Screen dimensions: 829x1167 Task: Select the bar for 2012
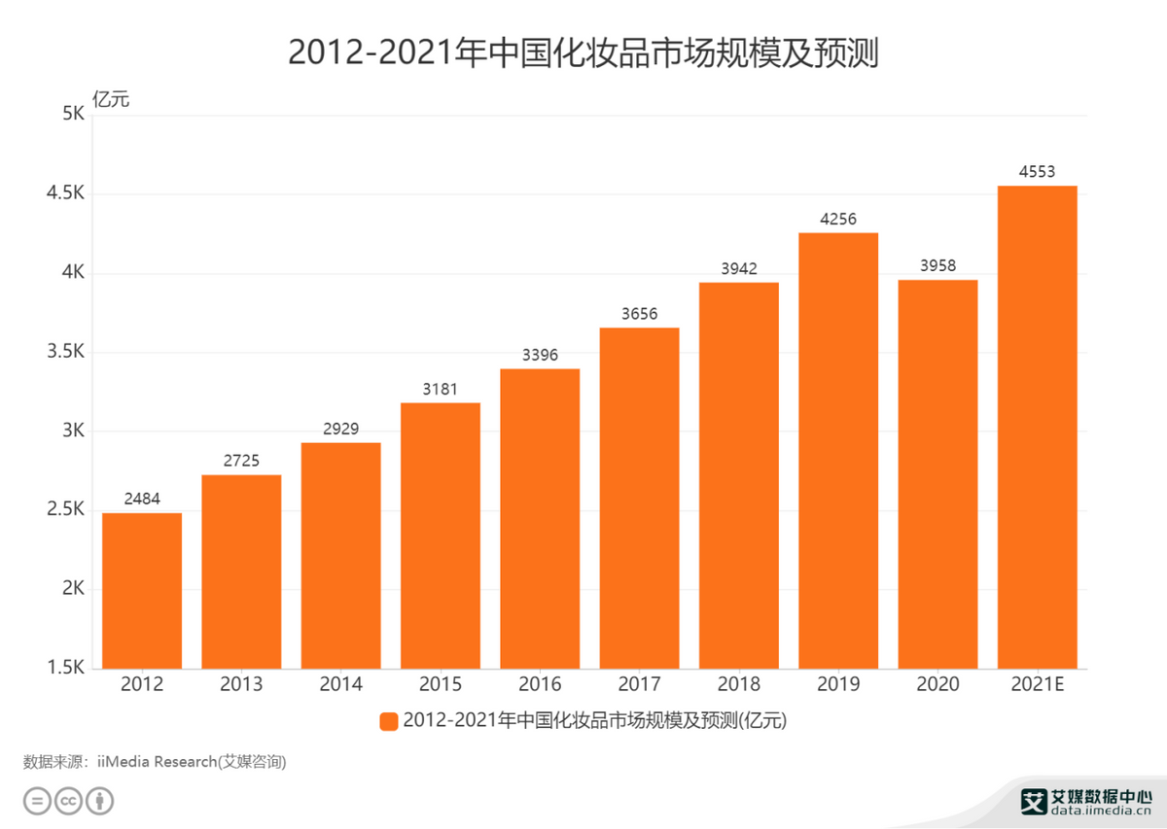tap(142, 590)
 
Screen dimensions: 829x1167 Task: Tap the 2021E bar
tap(1037, 427)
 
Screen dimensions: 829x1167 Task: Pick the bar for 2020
tap(937, 473)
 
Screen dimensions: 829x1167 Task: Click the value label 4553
tap(1037, 172)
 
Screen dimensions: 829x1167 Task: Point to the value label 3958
tap(937, 266)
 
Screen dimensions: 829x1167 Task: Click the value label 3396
tap(540, 356)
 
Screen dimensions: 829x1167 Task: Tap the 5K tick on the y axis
tap(74, 115)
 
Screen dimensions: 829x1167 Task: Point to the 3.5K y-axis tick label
tap(66, 353)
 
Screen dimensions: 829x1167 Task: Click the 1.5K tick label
tap(66, 669)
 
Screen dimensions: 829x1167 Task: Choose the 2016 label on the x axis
tap(540, 684)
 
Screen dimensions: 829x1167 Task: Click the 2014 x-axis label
tap(340, 684)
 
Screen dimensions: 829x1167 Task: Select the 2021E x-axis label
tap(1037, 684)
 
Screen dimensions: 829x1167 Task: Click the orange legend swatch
tap(388, 721)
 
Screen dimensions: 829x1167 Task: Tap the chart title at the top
tap(583, 53)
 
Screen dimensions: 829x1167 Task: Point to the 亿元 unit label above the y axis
tap(110, 97)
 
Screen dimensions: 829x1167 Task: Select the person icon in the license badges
tap(100, 802)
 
